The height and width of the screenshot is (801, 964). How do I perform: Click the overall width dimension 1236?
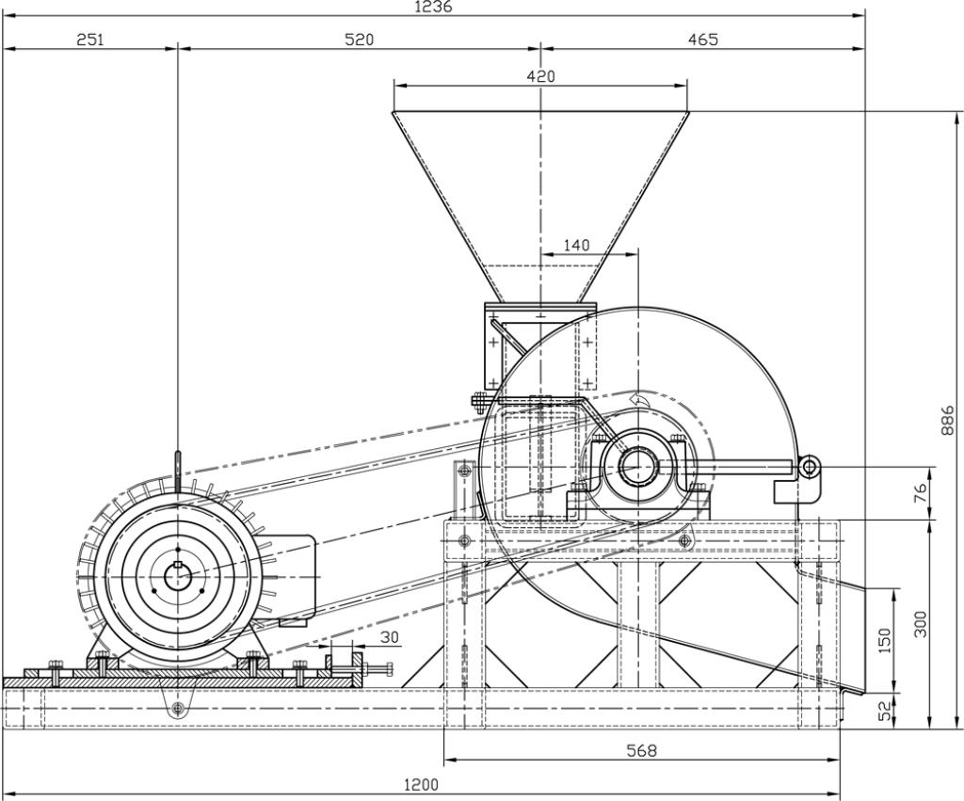tap(433, 7)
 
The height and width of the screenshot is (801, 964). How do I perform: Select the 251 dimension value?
tap(90, 40)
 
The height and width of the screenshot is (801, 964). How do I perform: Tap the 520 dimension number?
tap(359, 40)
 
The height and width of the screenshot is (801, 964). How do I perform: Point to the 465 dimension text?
tap(702, 40)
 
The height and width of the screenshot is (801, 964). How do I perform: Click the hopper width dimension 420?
tap(540, 76)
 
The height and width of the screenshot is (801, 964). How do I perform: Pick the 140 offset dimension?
tap(576, 246)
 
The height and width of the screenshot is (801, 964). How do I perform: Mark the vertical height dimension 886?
tap(948, 420)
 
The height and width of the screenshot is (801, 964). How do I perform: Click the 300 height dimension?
tap(921, 623)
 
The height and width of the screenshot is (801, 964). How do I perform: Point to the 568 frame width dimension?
tap(642, 750)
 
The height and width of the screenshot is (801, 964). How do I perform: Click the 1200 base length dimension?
tap(420, 785)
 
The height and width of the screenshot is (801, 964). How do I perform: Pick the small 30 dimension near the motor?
tap(389, 637)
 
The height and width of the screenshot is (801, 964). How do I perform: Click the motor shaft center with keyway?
tap(177, 576)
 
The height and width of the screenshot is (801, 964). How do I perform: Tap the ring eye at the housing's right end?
tap(809, 466)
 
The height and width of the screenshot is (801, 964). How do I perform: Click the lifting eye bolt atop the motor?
tap(177, 465)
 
